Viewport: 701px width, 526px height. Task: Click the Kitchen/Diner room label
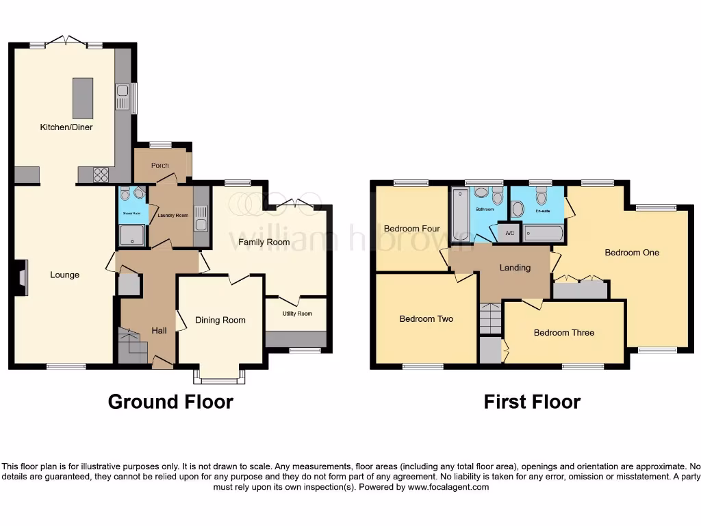pos(66,127)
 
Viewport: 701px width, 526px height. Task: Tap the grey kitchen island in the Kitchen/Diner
pos(83,98)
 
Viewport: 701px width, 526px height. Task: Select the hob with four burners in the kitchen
pos(100,175)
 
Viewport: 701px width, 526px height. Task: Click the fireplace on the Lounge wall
pos(23,277)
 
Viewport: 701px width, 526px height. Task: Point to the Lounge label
pos(65,275)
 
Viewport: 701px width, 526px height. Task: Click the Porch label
pos(160,165)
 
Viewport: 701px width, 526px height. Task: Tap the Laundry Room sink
pos(201,224)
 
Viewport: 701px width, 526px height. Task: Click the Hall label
pos(159,331)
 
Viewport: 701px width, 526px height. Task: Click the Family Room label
pos(264,242)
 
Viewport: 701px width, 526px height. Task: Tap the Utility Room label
pos(297,314)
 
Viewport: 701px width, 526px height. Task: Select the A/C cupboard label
pos(509,233)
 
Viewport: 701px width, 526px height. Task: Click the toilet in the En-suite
pos(542,199)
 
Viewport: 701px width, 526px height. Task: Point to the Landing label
pos(515,268)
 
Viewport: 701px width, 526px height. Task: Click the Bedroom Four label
pos(411,229)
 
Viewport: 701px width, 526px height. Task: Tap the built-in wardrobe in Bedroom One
pos(581,290)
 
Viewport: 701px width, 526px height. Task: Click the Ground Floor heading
pos(170,402)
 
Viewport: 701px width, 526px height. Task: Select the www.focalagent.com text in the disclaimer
pos(448,488)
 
